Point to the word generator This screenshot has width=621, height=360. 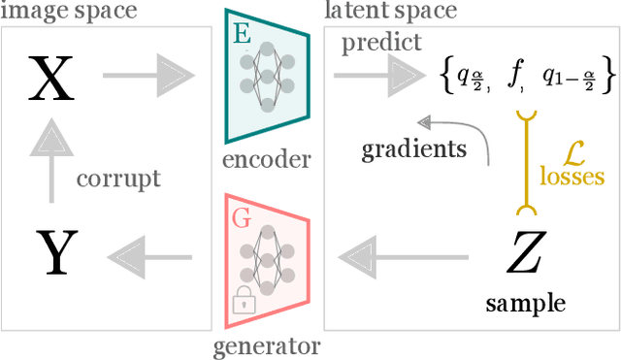[x=265, y=345]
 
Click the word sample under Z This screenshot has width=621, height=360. [x=525, y=304]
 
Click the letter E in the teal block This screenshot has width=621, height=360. [x=242, y=35]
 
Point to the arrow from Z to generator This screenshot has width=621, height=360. [x=403, y=256]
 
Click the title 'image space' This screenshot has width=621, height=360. [x=68, y=12]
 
